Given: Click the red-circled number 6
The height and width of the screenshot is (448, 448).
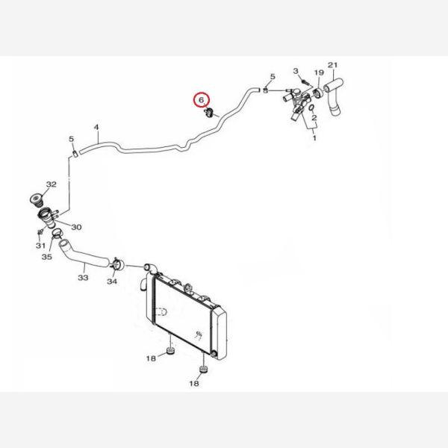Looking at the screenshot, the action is (x=202, y=100).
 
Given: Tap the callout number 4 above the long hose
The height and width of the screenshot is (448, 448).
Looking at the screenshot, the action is (x=96, y=127).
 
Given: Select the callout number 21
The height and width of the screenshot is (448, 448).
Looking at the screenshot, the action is (x=332, y=65).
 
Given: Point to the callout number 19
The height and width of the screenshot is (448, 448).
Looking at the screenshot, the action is (x=319, y=72).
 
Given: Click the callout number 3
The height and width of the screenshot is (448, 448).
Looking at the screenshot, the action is (x=296, y=71).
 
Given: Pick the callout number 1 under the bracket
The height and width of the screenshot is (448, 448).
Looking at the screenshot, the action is (x=314, y=138).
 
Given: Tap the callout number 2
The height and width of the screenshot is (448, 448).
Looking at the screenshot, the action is (x=314, y=117).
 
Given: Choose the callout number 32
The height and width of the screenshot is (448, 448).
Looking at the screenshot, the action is (x=51, y=184).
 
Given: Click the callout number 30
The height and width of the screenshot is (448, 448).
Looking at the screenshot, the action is (x=76, y=227).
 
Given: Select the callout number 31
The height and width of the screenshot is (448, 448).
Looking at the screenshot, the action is (x=40, y=246).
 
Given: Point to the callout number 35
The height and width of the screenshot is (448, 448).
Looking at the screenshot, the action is (x=47, y=257).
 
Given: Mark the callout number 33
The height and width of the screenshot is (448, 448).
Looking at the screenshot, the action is (x=83, y=278).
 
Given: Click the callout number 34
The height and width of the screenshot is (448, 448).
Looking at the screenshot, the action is (x=112, y=281).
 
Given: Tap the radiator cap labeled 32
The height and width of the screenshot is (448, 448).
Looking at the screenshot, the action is (x=37, y=199).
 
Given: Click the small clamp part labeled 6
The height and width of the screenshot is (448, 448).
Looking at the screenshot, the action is (x=209, y=113).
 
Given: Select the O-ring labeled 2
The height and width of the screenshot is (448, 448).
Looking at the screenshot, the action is (x=312, y=108).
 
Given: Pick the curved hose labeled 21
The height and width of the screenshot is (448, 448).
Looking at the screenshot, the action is (x=334, y=96).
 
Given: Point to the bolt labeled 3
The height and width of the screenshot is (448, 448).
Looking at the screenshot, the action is (x=305, y=82).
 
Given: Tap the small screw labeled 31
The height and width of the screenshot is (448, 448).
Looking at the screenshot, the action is (x=40, y=231).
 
